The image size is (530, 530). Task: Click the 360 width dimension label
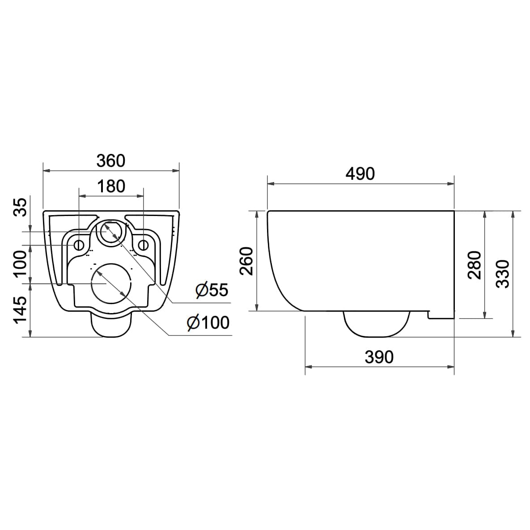tap(111, 161)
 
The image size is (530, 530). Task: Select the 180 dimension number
tap(111, 186)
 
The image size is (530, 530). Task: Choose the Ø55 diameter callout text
tap(212, 290)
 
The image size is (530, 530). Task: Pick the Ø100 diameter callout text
tap(208, 322)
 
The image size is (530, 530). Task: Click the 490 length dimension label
tap(360, 174)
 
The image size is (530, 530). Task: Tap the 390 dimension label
tap(379, 357)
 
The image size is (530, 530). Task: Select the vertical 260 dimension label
tap(246, 261)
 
